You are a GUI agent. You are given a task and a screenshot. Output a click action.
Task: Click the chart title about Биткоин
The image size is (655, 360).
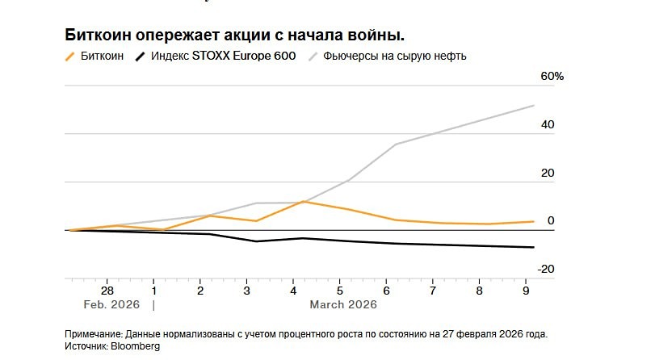(234, 36)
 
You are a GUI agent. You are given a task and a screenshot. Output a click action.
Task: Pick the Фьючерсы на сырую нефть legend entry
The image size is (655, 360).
(395, 57)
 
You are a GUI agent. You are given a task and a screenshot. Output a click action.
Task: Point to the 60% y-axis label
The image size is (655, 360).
(540, 77)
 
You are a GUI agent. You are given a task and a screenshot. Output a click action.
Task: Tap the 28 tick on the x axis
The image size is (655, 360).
(107, 290)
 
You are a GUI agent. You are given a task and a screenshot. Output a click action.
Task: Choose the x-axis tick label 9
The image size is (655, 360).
(527, 290)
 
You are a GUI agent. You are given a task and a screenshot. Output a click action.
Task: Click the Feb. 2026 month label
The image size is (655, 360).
(111, 305)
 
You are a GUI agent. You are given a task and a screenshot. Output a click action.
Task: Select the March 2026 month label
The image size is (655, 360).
(343, 305)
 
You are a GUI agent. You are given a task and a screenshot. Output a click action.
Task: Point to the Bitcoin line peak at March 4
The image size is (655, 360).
(303, 201)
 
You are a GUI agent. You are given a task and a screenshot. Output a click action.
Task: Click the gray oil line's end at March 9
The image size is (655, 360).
(533, 106)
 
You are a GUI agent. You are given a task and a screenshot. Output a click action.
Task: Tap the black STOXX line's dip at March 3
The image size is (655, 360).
(257, 241)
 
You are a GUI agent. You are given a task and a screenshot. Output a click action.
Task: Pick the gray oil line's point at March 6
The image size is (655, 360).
(397, 144)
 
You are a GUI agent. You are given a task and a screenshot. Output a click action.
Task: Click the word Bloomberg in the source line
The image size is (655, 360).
(136, 346)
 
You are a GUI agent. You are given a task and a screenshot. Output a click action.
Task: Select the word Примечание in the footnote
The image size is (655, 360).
(94, 333)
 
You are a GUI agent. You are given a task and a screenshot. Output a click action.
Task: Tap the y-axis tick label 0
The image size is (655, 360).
(551, 221)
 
